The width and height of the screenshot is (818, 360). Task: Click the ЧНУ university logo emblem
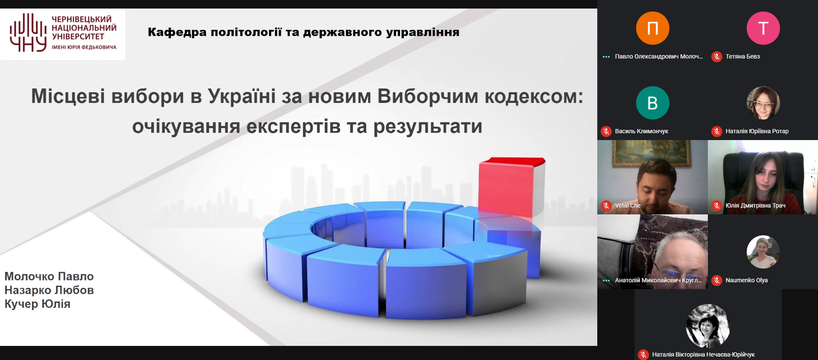28,32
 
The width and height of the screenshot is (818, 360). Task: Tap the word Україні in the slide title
242,96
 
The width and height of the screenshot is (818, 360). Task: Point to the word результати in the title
428,127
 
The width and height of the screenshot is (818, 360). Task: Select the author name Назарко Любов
49,290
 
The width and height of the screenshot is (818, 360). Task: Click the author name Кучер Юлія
38,304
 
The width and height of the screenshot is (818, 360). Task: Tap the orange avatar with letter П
652,28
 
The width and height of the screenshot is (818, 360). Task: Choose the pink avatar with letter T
763,28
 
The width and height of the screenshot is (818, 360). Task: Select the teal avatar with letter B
652,103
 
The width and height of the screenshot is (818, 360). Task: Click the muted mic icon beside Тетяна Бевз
717,57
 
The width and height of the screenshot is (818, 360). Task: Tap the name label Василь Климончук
641,131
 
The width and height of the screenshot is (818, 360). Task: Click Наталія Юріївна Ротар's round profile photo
763,103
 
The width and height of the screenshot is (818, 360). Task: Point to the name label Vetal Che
628,205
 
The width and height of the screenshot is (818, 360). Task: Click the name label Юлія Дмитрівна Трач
755,205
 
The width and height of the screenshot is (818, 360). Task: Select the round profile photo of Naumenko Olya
763,252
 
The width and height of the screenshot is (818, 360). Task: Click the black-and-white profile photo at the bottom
708,326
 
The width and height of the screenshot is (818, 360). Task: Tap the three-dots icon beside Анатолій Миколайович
606,281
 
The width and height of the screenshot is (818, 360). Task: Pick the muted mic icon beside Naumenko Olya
717,281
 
